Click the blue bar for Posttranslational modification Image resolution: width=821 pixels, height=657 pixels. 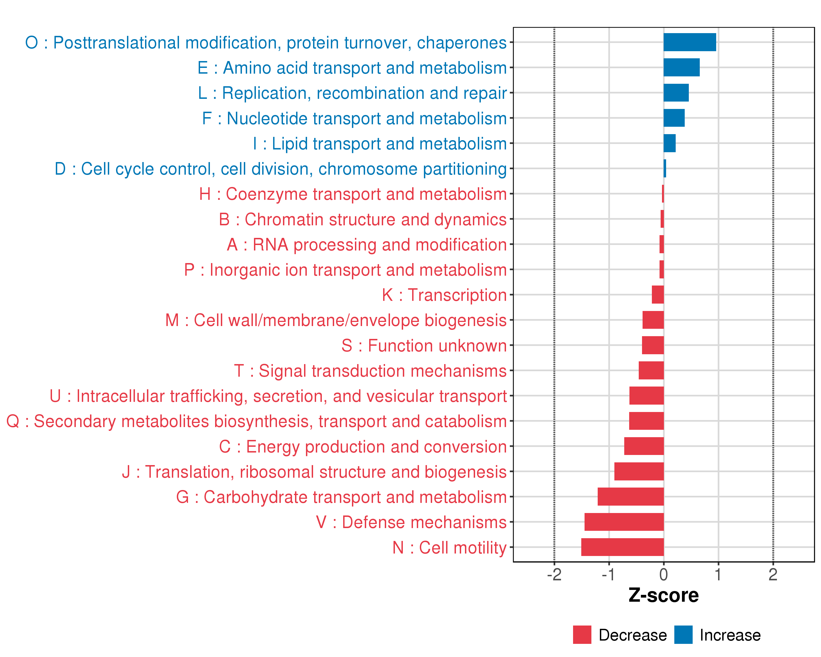point(690,42)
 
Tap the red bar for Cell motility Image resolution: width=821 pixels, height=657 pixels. point(623,547)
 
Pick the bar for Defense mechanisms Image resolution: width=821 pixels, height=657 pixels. point(624,522)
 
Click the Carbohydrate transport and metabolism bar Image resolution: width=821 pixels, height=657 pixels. point(631,497)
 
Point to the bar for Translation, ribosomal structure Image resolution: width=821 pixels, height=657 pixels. point(639,471)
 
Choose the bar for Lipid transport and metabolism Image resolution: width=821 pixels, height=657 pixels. point(669,143)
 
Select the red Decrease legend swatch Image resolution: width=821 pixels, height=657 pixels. point(582,635)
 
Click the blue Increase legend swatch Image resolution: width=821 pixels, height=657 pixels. point(683,635)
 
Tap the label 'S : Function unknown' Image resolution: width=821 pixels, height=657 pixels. point(424,346)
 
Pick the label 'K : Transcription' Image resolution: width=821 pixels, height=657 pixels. point(444,295)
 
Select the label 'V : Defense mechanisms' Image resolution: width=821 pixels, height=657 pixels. point(411,522)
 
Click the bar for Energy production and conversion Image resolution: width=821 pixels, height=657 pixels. point(644,446)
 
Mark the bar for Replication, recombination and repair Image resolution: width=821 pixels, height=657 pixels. point(676,93)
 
